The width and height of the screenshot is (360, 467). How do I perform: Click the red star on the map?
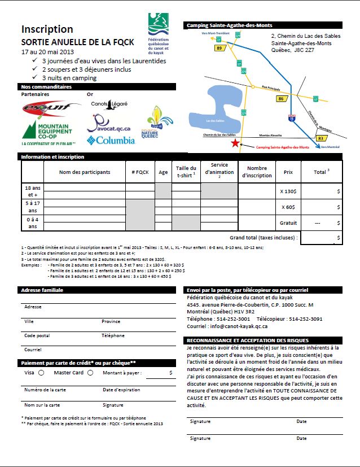click(x=235, y=143)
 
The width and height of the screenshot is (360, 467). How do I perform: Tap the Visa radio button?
click(x=41, y=373)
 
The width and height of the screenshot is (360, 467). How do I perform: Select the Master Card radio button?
click(x=90, y=373)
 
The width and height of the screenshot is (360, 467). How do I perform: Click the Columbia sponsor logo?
click(x=111, y=139)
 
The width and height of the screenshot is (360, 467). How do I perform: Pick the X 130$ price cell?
click(x=288, y=191)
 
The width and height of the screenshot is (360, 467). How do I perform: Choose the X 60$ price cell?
click(x=288, y=207)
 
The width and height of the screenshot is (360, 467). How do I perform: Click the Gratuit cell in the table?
click(x=288, y=223)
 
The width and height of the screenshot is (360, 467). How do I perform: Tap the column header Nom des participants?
click(x=85, y=172)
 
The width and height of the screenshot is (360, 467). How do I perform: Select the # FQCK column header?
click(x=140, y=172)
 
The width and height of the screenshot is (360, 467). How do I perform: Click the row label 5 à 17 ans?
click(x=32, y=207)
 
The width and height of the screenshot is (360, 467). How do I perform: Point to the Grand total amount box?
click(x=321, y=238)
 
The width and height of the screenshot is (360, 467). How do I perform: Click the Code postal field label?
click(x=37, y=335)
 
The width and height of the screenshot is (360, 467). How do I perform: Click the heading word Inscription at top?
click(x=47, y=29)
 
